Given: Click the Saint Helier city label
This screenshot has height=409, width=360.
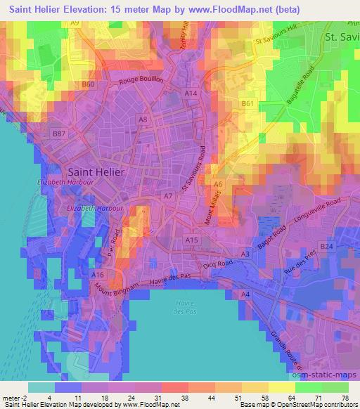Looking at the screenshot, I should [96, 171].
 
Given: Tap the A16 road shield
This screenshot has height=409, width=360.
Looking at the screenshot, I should [98, 274].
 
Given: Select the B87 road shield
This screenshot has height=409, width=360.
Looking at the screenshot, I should [59, 133].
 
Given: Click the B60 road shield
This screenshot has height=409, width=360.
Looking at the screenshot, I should [88, 84].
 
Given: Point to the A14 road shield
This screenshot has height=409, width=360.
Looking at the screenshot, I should [191, 93].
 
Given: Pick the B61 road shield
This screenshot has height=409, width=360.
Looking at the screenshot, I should [247, 103].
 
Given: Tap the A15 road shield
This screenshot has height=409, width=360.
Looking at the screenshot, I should [191, 240].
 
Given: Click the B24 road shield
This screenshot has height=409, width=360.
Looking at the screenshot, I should [326, 247].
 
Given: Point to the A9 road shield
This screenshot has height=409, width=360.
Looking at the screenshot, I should [75, 23].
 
